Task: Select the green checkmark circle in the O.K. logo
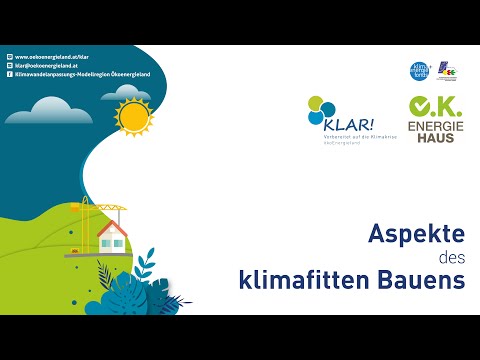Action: pos(420,105)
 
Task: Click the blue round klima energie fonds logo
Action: pos(420,70)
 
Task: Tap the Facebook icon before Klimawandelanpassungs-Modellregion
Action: pos(9,74)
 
